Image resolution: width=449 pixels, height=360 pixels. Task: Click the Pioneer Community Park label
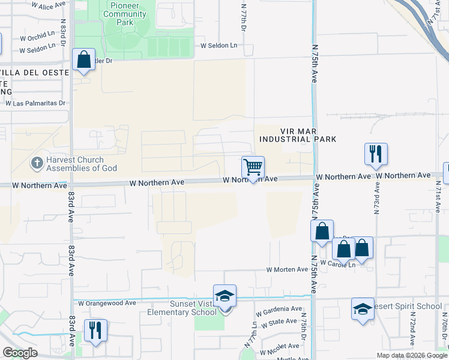click(125, 13)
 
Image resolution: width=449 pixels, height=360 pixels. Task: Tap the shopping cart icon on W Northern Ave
click(253, 167)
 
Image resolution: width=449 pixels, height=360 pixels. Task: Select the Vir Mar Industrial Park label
click(297, 135)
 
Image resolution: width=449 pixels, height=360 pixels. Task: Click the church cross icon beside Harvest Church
click(37, 163)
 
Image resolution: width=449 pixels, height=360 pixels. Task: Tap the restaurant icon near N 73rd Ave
click(376, 154)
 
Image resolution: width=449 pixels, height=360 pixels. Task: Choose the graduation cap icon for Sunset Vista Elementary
click(224, 296)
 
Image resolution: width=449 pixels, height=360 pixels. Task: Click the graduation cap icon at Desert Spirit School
click(363, 309)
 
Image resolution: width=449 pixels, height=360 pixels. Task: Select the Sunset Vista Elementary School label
click(182, 308)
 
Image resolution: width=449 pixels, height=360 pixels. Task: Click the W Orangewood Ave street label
click(106, 304)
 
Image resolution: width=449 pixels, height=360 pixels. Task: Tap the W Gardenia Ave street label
click(279, 311)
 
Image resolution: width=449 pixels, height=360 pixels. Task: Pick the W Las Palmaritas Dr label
click(35, 103)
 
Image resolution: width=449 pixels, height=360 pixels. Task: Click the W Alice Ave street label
click(47, 5)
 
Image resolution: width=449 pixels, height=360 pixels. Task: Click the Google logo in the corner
click(20, 353)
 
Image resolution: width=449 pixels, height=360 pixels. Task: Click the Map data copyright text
click(412, 355)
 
